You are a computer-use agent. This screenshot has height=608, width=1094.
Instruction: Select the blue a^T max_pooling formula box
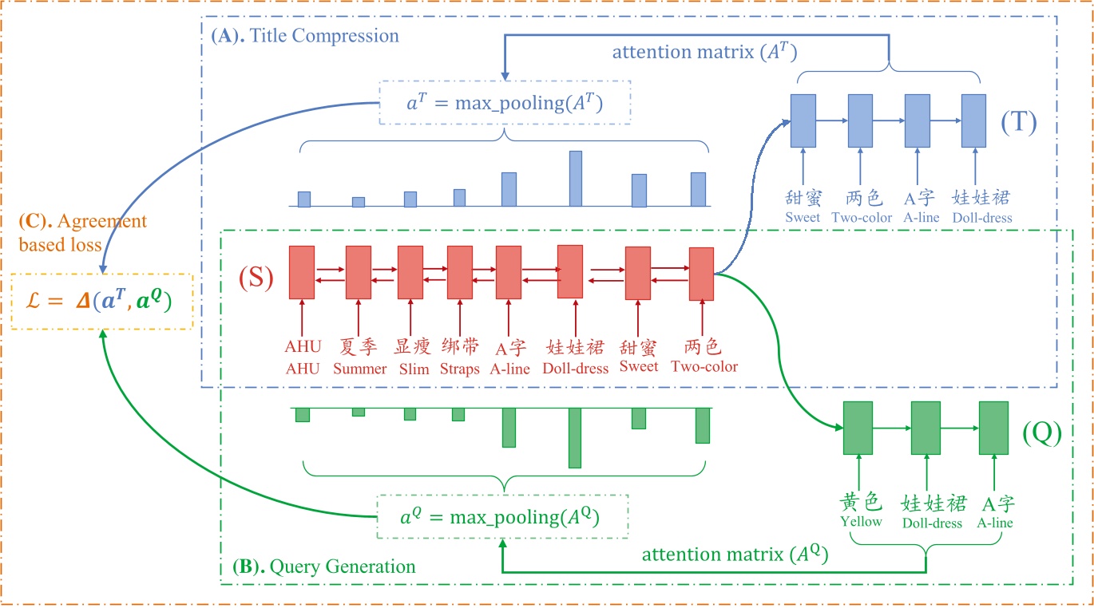505,103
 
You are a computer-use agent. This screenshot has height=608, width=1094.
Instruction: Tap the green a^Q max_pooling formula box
501,517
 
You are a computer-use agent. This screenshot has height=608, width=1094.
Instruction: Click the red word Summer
359,369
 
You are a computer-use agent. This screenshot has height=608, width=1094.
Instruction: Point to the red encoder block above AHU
302,272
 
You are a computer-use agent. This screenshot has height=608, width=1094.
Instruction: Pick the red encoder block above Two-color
701,274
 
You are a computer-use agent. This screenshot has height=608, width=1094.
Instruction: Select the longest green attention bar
574,437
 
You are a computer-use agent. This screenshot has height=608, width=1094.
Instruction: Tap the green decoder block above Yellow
858,428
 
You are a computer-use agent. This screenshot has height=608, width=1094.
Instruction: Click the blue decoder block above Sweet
803,120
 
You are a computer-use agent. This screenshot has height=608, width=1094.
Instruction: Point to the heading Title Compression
305,36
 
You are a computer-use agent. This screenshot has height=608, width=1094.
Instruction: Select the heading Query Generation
324,567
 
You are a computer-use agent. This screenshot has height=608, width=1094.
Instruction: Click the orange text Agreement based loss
72,233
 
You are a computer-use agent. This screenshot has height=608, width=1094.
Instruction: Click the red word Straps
460,369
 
